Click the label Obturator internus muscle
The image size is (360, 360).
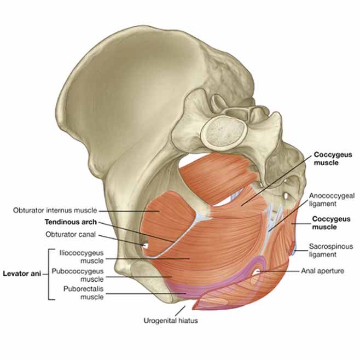(55, 210)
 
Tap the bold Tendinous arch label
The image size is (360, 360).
(71, 222)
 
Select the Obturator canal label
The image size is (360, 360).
(71, 234)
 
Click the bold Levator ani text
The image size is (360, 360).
(22, 274)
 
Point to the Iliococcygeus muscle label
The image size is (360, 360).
(82, 257)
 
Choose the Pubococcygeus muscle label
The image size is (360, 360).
(78, 275)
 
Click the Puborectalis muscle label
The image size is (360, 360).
(84, 293)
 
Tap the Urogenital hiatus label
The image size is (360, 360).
(171, 321)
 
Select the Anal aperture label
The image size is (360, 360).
(323, 271)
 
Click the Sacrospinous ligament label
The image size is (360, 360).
(331, 251)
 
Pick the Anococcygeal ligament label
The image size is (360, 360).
(332, 200)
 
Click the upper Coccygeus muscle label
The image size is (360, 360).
(333, 159)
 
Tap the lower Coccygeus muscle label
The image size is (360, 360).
(331, 223)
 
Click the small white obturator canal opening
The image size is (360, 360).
(146, 246)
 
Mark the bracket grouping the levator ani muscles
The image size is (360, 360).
(49, 274)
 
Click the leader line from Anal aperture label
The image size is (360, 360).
(278, 271)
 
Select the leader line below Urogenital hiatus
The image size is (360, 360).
(180, 310)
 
